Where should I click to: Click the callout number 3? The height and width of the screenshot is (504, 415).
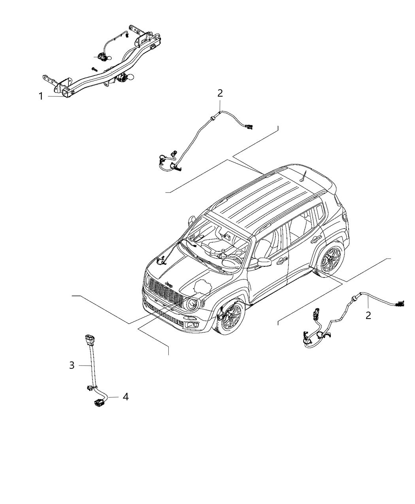72,365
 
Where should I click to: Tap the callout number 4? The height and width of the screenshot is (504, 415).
125,396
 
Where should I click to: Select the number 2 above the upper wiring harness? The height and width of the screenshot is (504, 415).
220,93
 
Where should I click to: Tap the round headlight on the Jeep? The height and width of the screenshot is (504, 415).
192,304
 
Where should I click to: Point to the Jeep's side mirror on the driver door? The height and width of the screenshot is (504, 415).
264,262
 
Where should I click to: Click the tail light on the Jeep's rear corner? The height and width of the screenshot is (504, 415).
345,217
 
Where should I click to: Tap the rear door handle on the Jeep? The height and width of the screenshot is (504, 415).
316,239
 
